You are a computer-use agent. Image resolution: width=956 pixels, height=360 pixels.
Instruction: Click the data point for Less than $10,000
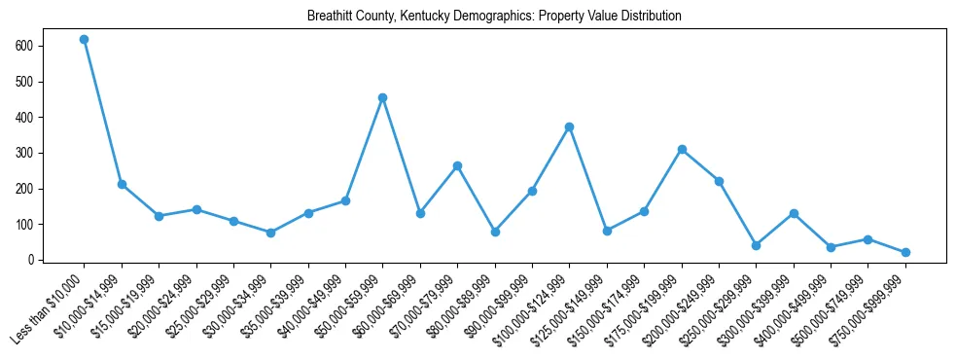pyautogui.click(x=84, y=40)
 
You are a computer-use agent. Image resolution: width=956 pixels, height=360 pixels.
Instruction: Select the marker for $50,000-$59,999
pyautogui.click(x=383, y=97)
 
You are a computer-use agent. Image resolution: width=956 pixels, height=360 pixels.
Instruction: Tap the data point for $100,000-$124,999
pyautogui.click(x=570, y=126)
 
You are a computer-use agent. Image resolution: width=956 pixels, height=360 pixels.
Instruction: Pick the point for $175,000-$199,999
pyautogui.click(x=682, y=149)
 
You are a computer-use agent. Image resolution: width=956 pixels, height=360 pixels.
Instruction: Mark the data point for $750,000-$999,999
pyautogui.click(x=906, y=252)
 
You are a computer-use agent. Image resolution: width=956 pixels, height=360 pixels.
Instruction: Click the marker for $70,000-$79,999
pyautogui.click(x=458, y=165)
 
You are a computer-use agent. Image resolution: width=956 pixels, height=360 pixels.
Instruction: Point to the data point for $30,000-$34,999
pyautogui.click(x=271, y=233)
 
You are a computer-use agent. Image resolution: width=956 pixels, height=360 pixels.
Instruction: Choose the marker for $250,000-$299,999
pyautogui.click(x=757, y=245)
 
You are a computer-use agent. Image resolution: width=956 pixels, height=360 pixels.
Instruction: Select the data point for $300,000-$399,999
pyautogui.click(x=795, y=213)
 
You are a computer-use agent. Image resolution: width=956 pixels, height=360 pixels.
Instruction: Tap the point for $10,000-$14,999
pyautogui.click(x=122, y=184)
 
